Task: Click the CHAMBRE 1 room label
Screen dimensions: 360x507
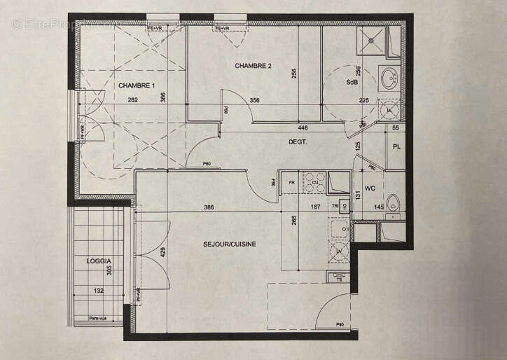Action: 137,85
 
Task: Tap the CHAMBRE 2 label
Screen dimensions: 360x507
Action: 253,67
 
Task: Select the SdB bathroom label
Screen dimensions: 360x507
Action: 352,82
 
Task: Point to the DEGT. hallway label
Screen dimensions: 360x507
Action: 299,141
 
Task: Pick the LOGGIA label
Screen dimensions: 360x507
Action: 99,260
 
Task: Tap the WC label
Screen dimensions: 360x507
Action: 370,187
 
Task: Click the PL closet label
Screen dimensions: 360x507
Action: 396,147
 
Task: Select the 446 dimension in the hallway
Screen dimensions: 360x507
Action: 303,128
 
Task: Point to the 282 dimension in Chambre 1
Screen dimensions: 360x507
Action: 132,100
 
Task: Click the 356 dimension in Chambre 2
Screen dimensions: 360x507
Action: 254,100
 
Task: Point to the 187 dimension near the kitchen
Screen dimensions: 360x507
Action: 315,207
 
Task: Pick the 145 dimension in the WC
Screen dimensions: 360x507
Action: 379,207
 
